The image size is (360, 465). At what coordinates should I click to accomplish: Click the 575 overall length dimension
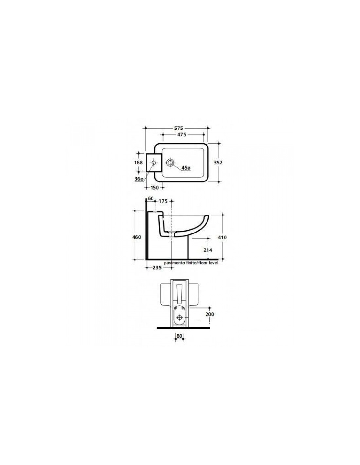178,128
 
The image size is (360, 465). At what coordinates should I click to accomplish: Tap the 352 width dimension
218,163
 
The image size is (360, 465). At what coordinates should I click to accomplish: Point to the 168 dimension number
138,163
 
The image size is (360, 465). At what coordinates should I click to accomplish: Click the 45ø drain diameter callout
186,168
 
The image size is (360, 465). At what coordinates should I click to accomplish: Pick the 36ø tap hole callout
139,179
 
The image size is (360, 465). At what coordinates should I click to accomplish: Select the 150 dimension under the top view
154,188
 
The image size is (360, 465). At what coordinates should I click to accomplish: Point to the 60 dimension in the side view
151,198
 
